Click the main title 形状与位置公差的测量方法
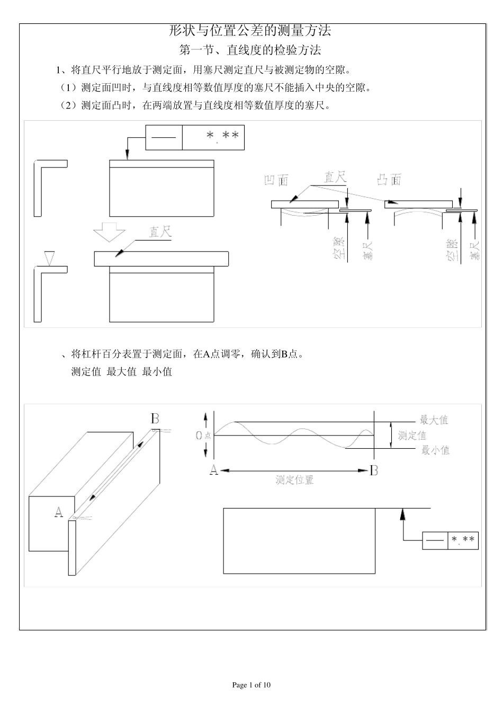click(250, 31)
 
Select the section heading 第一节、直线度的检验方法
click(250, 50)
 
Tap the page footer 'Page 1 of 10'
click(251, 685)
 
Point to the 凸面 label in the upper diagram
click(389, 180)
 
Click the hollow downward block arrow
click(109, 232)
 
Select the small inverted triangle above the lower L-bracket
click(50, 257)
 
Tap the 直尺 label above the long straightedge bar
click(160, 232)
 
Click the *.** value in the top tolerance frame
click(222, 136)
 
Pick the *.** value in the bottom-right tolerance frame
click(463, 540)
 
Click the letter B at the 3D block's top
click(155, 419)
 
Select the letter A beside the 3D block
click(59, 512)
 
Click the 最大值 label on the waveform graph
click(434, 420)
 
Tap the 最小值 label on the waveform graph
click(435, 450)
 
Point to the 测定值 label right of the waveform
click(412, 435)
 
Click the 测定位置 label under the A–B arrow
click(294, 480)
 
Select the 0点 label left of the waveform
click(203, 435)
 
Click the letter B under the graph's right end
click(374, 470)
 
